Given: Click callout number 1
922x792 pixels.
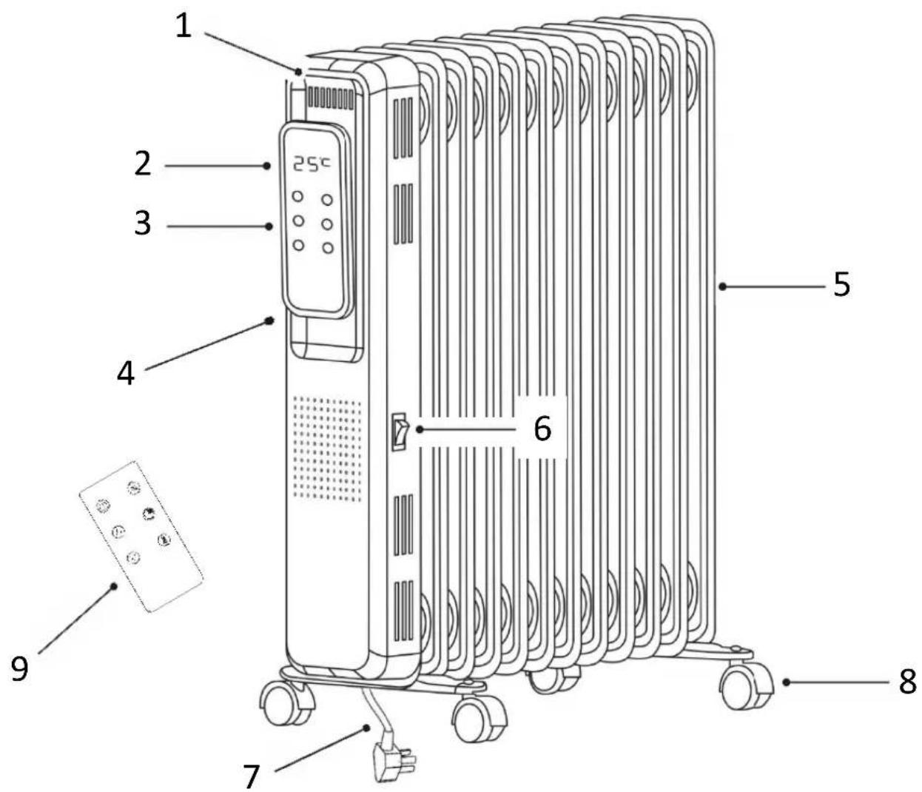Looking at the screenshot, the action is pyautogui.click(x=183, y=27).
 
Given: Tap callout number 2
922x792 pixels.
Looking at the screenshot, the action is pyautogui.click(x=144, y=164).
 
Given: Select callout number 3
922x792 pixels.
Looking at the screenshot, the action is pyautogui.click(x=143, y=223).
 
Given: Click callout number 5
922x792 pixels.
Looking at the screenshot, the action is pyautogui.click(x=841, y=283).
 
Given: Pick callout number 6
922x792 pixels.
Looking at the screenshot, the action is pyautogui.click(x=542, y=429).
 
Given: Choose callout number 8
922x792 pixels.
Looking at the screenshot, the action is pyautogui.click(x=906, y=682).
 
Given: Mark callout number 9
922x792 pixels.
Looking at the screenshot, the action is pyautogui.click(x=19, y=669).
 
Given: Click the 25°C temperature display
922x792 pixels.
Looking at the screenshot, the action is pyautogui.click(x=312, y=164).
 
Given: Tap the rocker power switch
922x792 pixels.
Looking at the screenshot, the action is pyautogui.click(x=400, y=431).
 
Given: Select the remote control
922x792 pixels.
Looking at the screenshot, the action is pyautogui.click(x=141, y=536).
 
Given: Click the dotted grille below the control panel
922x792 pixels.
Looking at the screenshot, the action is pyautogui.click(x=327, y=449).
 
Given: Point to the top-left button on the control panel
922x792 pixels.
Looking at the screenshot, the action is pyautogui.click(x=297, y=196).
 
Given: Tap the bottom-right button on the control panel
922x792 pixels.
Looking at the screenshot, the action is pyautogui.click(x=328, y=248).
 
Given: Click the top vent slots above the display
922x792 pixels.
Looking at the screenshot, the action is pyautogui.click(x=330, y=98).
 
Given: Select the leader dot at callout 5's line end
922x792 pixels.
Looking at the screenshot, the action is pyautogui.click(x=723, y=287).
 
